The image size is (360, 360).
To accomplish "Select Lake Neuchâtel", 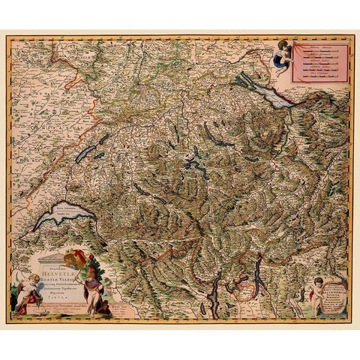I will coord(85,154).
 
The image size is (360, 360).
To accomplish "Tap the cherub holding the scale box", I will coord(283,55).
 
